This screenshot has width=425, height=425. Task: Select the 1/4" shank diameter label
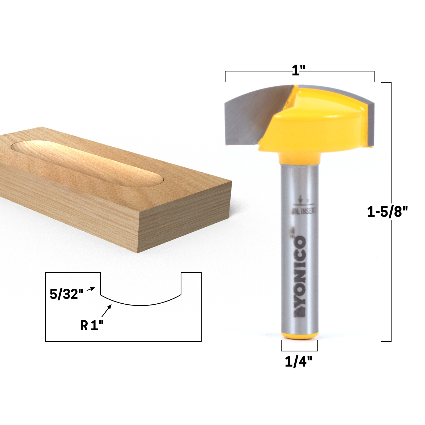click(299, 362)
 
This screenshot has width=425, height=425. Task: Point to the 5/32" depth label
click(67, 294)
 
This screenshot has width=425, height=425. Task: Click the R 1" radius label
click(92, 325)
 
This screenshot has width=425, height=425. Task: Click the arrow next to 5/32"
click(91, 289)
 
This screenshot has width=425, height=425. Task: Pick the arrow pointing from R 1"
click(106, 311)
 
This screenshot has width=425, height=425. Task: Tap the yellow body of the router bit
click(313, 125)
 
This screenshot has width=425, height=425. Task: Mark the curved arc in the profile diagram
click(141, 305)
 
